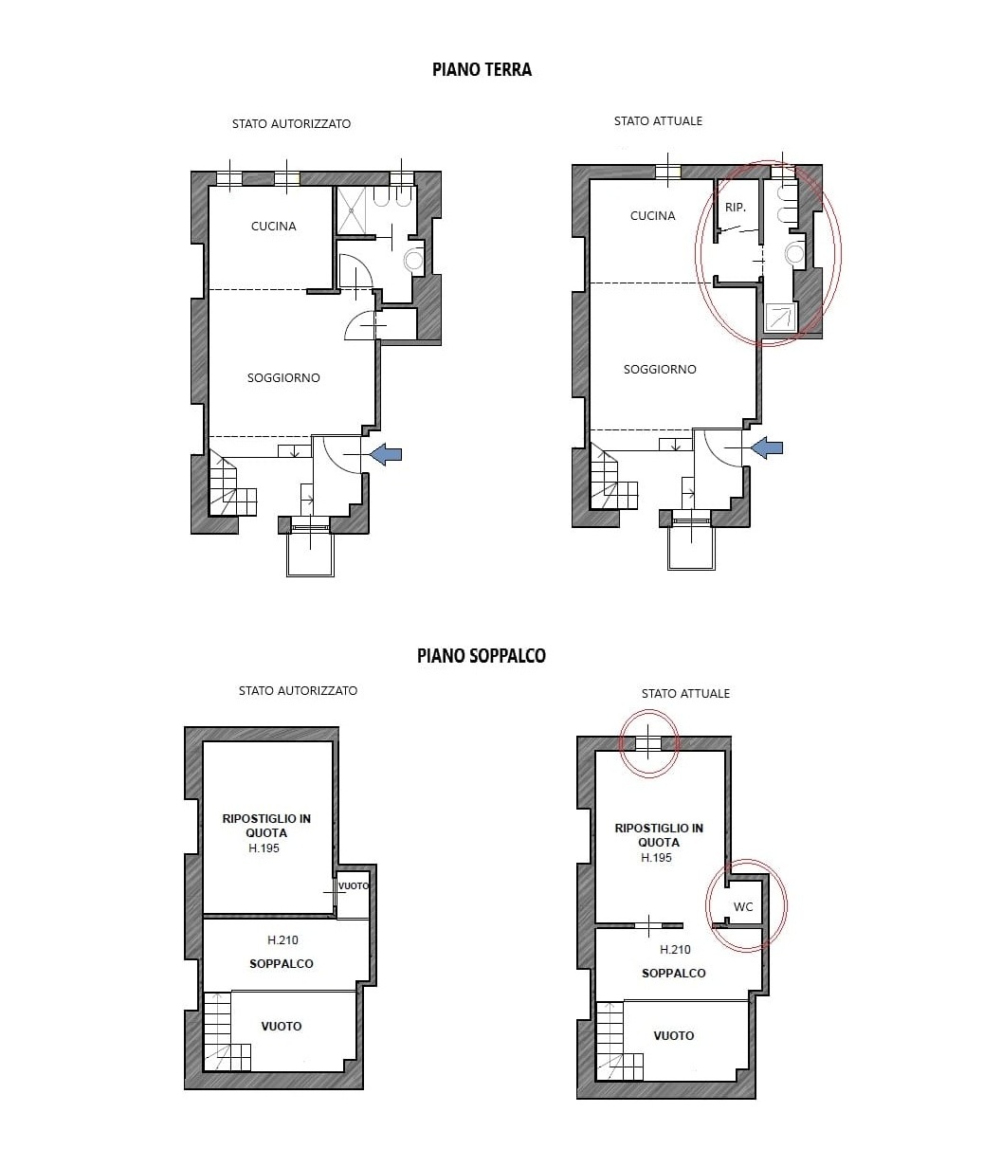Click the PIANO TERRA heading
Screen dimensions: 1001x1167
[482, 69]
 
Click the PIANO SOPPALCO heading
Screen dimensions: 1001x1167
[481, 655]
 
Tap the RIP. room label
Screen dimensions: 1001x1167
[735, 208]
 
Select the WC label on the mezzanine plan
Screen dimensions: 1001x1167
[743, 906]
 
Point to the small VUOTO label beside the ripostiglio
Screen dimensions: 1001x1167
[354, 885]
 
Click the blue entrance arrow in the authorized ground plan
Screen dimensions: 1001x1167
[386, 454]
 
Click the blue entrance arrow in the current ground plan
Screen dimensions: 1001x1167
[767, 447]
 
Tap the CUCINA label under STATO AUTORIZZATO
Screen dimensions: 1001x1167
[273, 226]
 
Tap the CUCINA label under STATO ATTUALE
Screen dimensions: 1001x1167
[653, 215]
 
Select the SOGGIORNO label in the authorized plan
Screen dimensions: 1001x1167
[283, 377]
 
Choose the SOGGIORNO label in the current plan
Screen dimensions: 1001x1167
[660, 369]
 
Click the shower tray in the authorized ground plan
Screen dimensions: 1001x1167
[351, 210]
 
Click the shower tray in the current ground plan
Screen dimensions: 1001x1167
[781, 318]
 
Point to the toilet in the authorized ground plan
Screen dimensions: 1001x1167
[414, 260]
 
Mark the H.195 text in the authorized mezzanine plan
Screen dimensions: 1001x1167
[264, 848]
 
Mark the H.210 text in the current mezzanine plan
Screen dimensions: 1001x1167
[675, 950]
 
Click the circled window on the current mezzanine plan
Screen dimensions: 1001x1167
[648, 744]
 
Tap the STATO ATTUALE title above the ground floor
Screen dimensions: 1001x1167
[658, 120]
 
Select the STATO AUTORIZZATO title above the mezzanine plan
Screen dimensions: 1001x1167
[298, 690]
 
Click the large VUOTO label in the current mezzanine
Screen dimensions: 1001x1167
[674, 1035]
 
